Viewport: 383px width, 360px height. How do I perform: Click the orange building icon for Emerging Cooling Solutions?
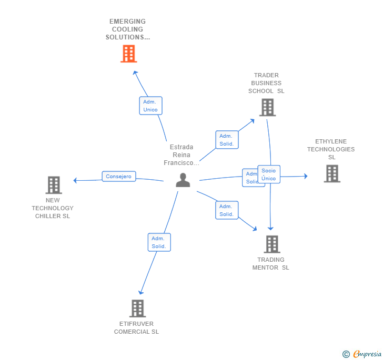click(x=128, y=54)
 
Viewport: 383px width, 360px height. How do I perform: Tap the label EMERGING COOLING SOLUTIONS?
click(x=127, y=29)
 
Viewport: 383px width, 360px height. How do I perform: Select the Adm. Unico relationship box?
click(x=150, y=106)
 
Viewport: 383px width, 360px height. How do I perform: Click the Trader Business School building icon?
click(x=267, y=107)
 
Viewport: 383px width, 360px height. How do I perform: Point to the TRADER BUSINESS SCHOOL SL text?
click(x=266, y=83)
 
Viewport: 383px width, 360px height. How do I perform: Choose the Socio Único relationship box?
click(x=269, y=174)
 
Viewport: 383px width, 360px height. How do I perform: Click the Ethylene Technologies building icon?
click(x=332, y=173)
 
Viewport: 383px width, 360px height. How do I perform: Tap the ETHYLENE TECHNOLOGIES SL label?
click(x=331, y=149)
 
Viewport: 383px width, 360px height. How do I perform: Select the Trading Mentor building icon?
click(x=271, y=244)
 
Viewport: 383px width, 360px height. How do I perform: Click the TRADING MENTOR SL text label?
click(x=271, y=263)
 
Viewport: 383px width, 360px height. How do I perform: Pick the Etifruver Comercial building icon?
click(x=137, y=308)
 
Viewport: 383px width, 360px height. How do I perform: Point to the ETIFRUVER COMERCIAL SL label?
click(x=136, y=328)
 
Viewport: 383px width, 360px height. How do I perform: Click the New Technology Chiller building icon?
click(x=54, y=185)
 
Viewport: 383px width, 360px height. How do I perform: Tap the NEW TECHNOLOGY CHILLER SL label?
click(x=53, y=208)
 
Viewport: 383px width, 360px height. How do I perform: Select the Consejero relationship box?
click(x=118, y=177)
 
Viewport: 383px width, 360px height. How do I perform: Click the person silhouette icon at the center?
click(x=183, y=180)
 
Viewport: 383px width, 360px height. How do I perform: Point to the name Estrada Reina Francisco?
click(x=182, y=155)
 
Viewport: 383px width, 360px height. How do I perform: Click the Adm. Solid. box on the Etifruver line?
click(x=159, y=242)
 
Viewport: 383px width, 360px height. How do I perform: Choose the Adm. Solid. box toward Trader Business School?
click(x=226, y=140)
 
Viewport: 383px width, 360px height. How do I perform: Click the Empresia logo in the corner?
click(x=362, y=354)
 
